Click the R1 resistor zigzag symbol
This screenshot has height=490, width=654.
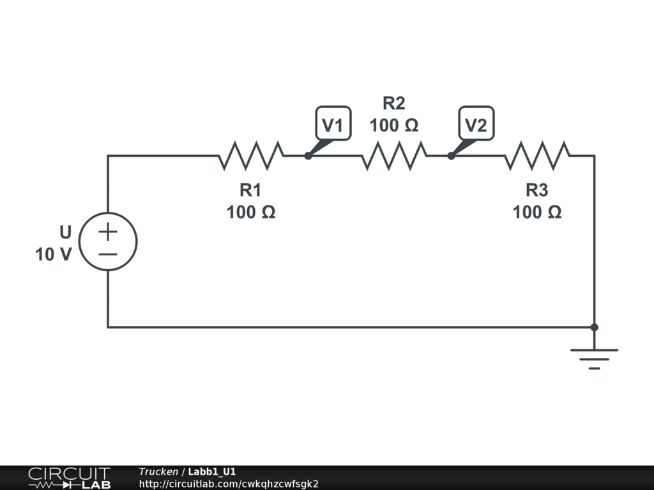[251, 155]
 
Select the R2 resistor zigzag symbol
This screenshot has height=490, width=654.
[394, 155]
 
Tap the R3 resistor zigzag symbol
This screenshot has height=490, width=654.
[537, 155]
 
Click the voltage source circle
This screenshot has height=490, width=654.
[108, 242]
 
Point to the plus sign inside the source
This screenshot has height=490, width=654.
[108, 232]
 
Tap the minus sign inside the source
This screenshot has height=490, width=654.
[108, 254]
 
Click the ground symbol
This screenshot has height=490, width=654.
[594, 358]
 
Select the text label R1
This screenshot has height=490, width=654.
[250, 189]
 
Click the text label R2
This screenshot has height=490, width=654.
[393, 103]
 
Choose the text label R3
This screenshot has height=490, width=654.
[536, 189]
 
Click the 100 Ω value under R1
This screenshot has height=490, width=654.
[250, 212]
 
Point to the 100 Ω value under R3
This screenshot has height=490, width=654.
[536, 212]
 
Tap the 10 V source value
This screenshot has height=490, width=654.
[54, 255]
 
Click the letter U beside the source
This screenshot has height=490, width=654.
[65, 232]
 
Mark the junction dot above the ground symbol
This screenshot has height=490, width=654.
[594, 327]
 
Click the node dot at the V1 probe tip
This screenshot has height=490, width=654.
[308, 156]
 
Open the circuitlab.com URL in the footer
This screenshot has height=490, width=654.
[229, 484]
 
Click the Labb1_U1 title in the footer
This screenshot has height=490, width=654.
[212, 471]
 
